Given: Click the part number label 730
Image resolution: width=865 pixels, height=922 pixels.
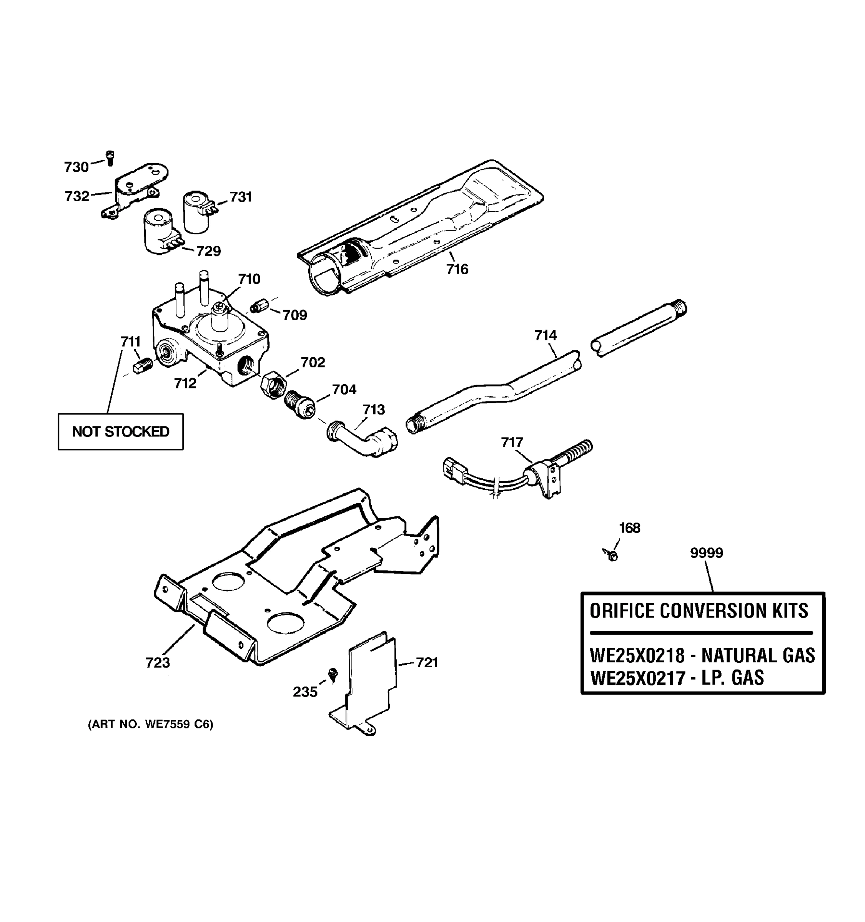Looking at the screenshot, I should coord(76,167).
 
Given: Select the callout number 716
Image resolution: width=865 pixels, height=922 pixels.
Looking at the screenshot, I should coord(457,269).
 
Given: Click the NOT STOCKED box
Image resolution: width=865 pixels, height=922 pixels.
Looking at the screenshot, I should coord(121,431).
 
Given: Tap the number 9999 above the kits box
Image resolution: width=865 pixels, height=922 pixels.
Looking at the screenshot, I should coord(706,553).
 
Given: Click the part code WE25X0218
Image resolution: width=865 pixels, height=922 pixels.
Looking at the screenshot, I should coord(637,656).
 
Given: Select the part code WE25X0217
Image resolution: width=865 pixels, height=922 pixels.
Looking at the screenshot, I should coord(637,678).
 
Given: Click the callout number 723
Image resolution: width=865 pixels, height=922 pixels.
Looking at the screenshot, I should coord(158,663).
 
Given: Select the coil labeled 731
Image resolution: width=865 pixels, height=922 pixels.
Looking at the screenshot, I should coord(197,212).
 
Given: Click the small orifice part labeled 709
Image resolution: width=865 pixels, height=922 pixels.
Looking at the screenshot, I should coord(258,307).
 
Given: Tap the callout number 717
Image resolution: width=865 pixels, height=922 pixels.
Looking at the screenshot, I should coord(512,442).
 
